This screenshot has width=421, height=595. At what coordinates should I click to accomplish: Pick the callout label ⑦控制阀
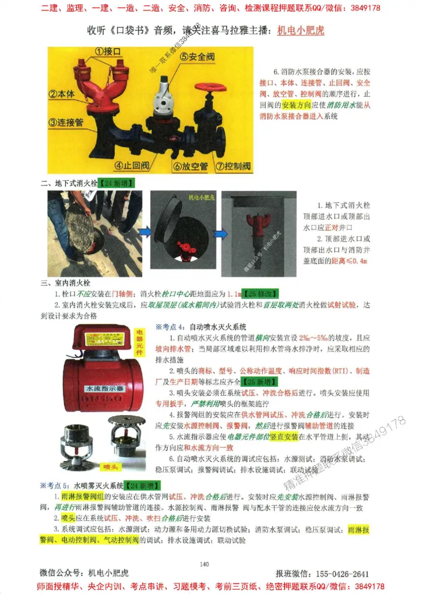[231, 166]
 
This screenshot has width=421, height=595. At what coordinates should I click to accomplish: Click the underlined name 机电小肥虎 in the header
[300, 30]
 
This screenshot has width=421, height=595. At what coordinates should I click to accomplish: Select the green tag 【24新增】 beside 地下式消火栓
[116, 183]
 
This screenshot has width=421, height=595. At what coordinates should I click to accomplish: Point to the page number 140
[205, 564]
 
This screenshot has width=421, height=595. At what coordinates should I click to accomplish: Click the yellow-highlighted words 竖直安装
[284, 437]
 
